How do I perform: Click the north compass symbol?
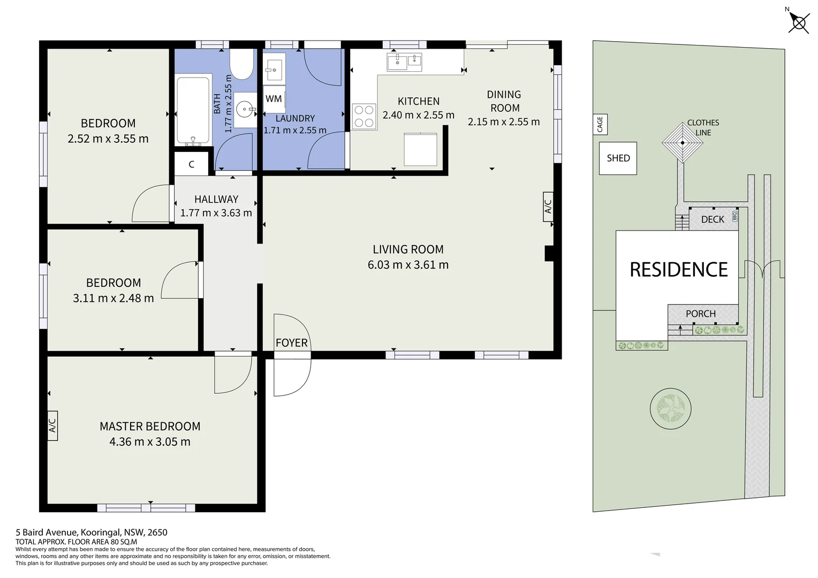pyautogui.click(x=799, y=22)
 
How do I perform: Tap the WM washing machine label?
pyautogui.click(x=274, y=98)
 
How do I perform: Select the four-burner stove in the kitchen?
pyautogui.click(x=364, y=117)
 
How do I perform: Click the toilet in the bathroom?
pyautogui.click(x=241, y=64)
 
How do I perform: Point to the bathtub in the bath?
pyautogui.click(x=193, y=110)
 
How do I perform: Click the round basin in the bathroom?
pyautogui.click(x=245, y=109)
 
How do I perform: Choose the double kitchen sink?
pyautogui.click(x=404, y=62)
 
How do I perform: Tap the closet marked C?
pyautogui.click(x=191, y=164)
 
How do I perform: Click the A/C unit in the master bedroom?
pyautogui.click(x=52, y=426)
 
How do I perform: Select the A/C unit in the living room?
pyautogui.click(x=548, y=207)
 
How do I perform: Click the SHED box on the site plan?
pyautogui.click(x=618, y=158)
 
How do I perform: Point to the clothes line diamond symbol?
pyautogui.click(x=683, y=143)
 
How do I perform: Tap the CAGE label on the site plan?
pyautogui.click(x=600, y=124)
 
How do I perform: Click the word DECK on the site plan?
pyautogui.click(x=713, y=219)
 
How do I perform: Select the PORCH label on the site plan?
pyautogui.click(x=700, y=314)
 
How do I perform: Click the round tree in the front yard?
pyautogui.click(x=670, y=408)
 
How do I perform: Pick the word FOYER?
pyautogui.click(x=291, y=343)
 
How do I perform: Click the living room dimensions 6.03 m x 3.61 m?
pyautogui.click(x=408, y=264)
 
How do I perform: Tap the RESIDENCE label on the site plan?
pyautogui.click(x=678, y=269)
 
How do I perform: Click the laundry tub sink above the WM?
pyautogui.click(x=274, y=70)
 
